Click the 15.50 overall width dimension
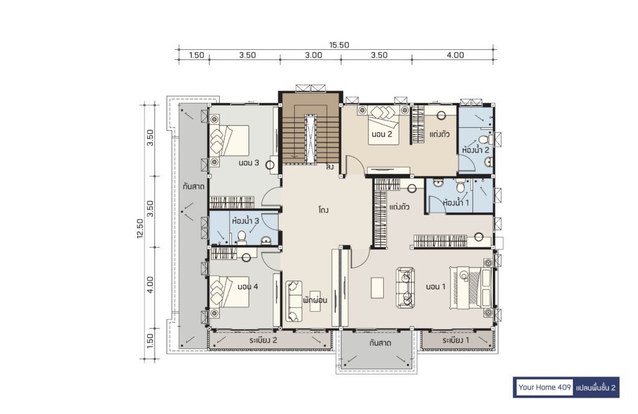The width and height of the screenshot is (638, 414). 339,45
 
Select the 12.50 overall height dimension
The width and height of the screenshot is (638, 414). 140,228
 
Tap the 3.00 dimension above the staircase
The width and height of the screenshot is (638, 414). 314,55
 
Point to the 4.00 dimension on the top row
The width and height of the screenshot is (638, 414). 455,55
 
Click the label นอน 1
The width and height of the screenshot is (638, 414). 436,287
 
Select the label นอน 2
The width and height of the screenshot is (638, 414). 382,134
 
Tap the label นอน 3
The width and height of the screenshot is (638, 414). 249,163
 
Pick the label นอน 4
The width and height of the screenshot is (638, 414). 248,287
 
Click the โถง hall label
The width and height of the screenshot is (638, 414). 323,210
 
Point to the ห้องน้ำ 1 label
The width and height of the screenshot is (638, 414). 456,202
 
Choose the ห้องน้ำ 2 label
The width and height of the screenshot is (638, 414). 475,150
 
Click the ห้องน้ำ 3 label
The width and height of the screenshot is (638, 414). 245,221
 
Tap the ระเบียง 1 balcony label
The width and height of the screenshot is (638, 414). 455,340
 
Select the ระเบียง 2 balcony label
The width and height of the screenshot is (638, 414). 264,340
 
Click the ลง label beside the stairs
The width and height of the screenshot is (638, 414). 330,167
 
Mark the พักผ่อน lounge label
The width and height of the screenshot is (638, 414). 315,301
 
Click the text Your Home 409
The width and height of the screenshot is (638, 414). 545,387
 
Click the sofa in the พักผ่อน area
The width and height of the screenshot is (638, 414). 293,301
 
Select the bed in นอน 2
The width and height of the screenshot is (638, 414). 383,125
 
